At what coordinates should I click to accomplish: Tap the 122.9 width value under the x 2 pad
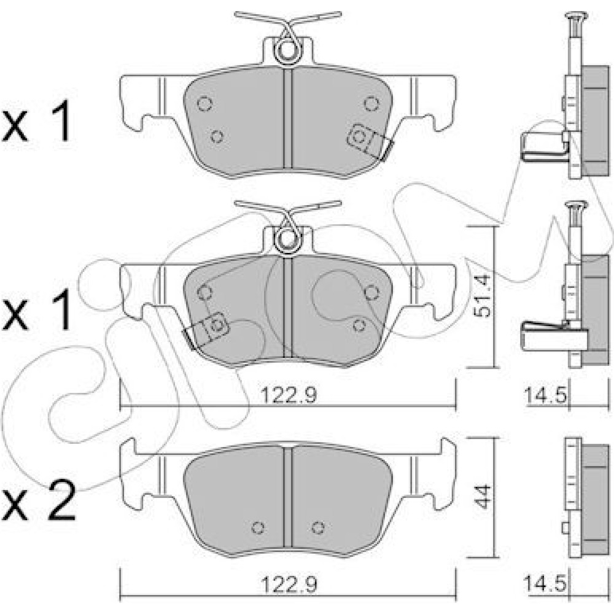[x=289, y=585]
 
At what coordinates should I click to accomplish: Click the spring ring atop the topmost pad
[x=288, y=50]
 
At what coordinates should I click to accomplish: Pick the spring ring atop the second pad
[x=287, y=238]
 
